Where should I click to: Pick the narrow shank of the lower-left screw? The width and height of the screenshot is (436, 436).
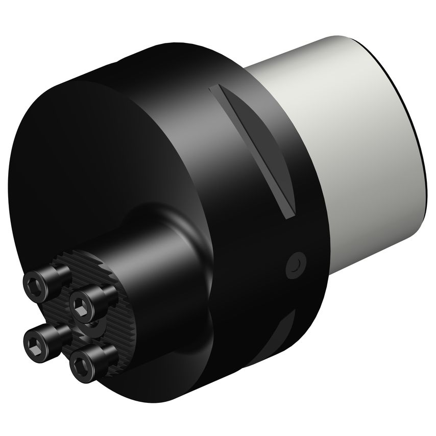(59, 330)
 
